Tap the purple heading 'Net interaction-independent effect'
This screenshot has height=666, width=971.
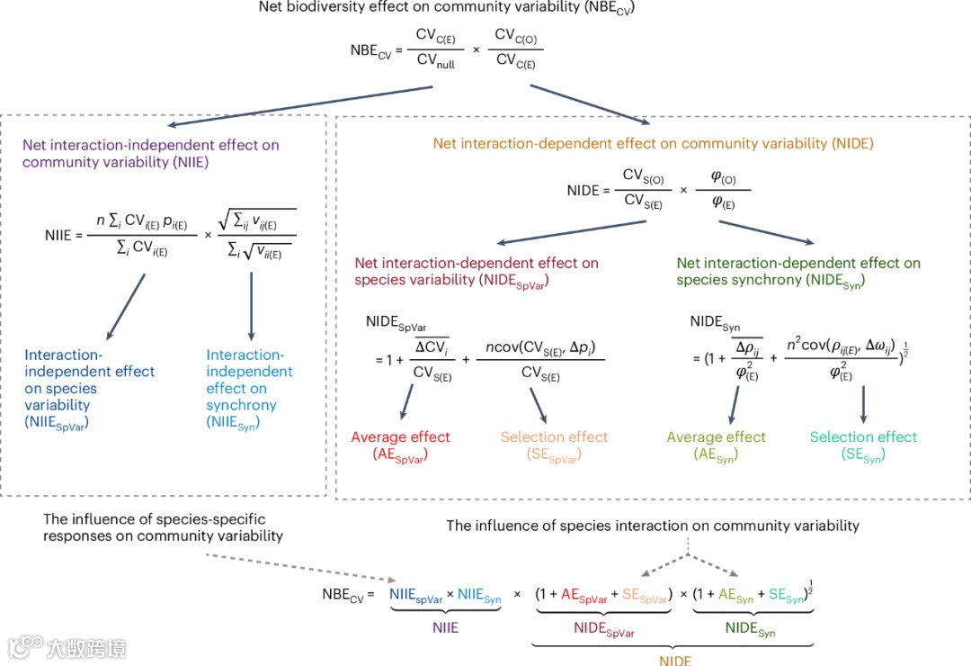click(x=150, y=153)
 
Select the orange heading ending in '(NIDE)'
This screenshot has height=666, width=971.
click(x=653, y=143)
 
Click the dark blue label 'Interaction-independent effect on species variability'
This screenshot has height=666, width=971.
click(x=90, y=389)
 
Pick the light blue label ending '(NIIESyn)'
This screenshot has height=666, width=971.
click(x=249, y=389)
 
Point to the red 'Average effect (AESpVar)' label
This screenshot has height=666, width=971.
click(x=400, y=445)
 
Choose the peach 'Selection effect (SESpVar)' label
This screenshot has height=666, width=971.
click(x=554, y=445)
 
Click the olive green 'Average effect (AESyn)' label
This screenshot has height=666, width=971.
click(x=716, y=445)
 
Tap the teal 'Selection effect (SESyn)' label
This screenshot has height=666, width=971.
click(x=863, y=445)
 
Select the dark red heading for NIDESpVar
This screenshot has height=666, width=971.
click(x=477, y=271)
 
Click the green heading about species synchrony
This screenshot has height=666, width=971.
click(x=798, y=271)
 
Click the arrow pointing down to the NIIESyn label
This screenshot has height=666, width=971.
click(x=251, y=304)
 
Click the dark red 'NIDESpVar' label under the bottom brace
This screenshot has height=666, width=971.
click(x=603, y=631)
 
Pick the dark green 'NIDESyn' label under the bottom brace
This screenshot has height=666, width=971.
click(x=750, y=631)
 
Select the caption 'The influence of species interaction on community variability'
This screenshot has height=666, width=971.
click(x=653, y=525)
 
